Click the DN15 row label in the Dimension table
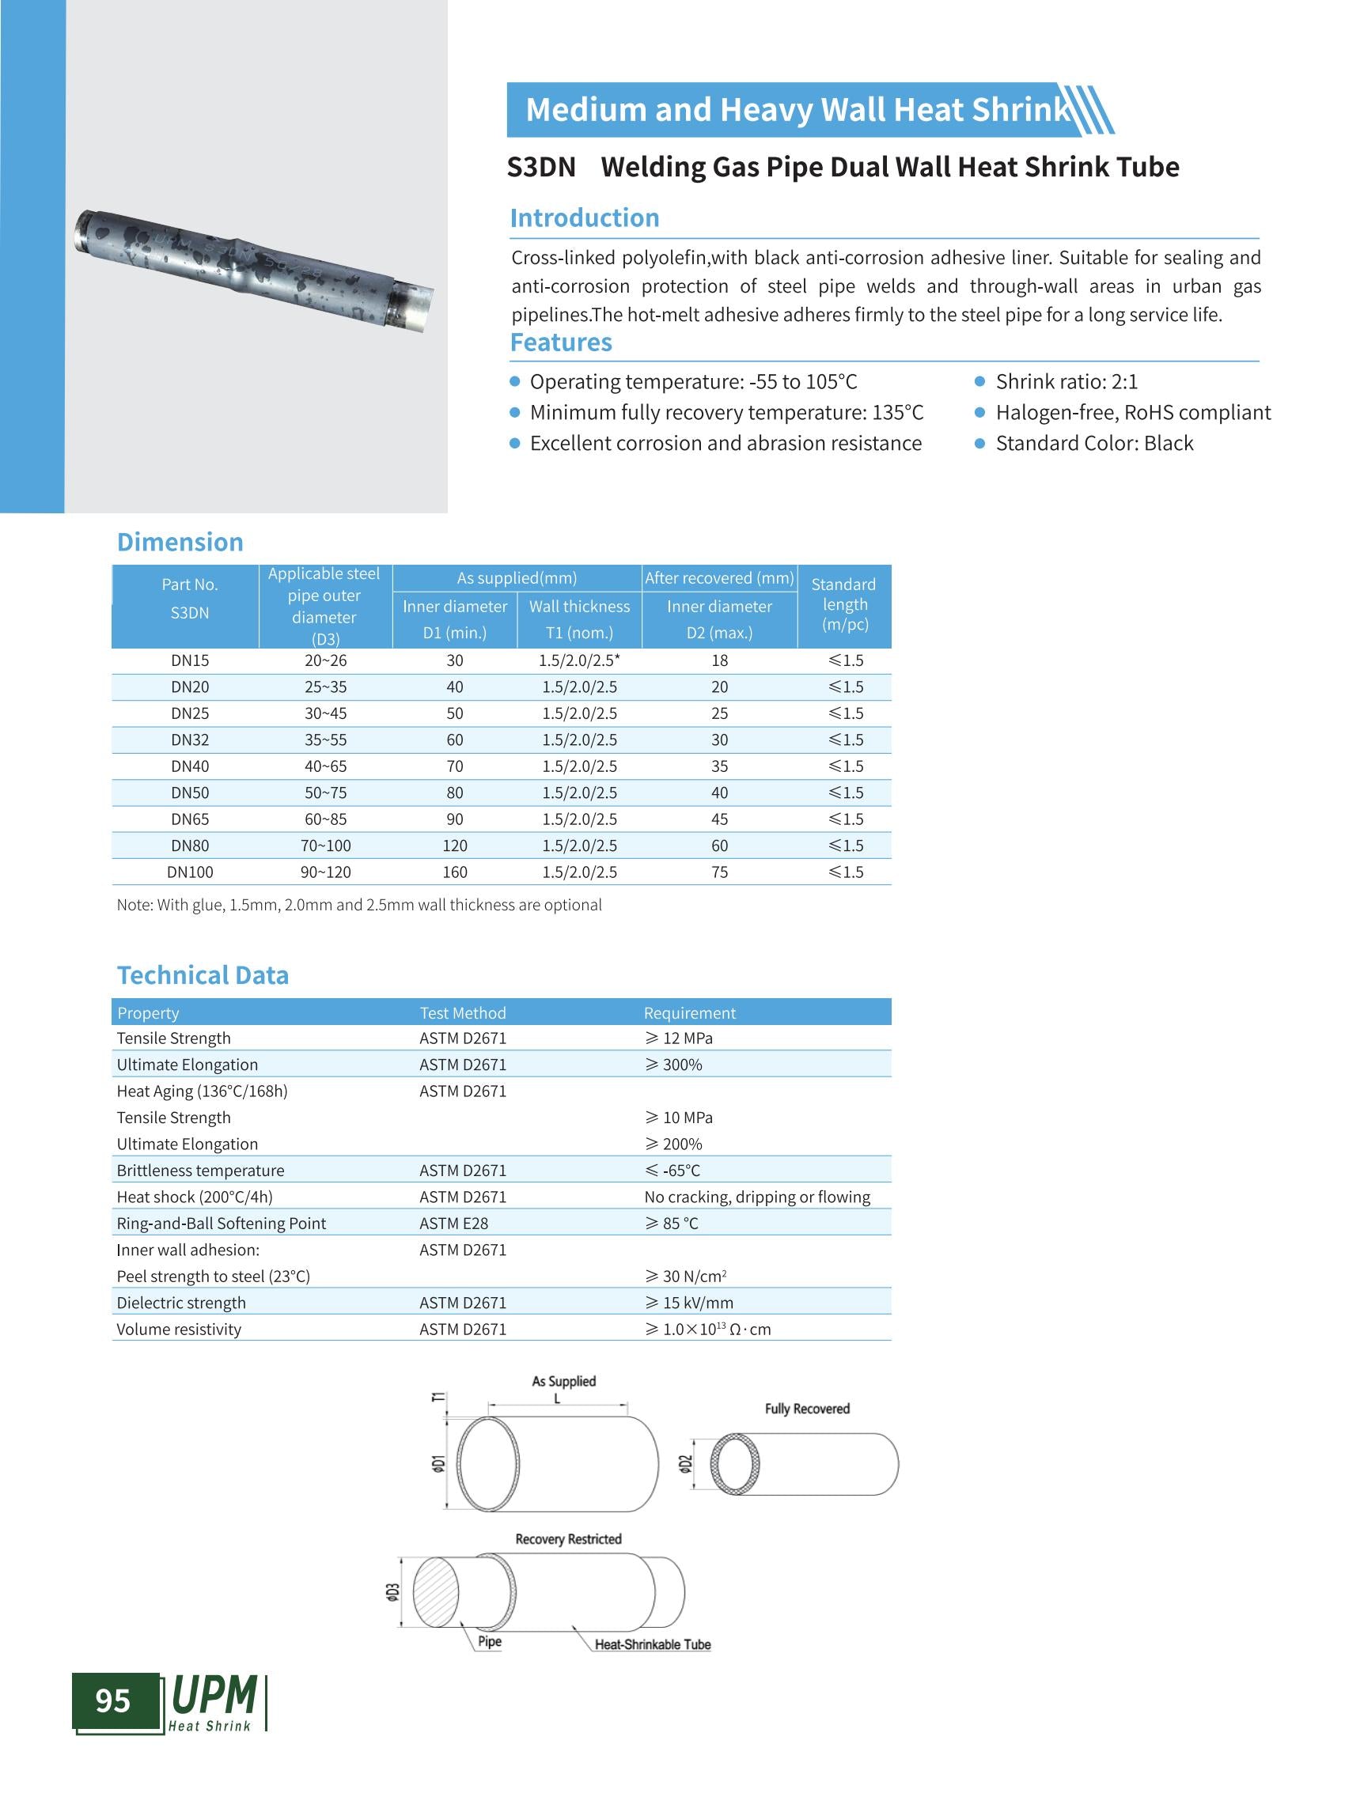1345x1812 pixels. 190,660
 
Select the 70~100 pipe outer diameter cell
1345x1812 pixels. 326,845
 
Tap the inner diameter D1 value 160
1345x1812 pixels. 454,872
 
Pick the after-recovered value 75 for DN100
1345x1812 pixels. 719,872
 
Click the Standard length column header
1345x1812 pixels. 843,604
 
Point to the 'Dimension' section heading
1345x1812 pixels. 180,542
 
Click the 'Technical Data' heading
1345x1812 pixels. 203,975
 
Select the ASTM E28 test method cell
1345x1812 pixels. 453,1223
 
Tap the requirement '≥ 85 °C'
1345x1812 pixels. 672,1223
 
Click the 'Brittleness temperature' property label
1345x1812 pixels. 200,1170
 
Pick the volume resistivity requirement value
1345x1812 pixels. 707,1329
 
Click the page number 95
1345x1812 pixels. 113,1700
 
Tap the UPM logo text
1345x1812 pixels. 214,1696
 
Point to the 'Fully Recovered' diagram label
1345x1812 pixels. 807,1409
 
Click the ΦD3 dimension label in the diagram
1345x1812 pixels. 392,1592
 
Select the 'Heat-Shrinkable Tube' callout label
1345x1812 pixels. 652,1644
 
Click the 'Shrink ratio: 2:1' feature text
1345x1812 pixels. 1067,382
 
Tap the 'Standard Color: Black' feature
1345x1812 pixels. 1094,443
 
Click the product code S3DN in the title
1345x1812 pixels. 540,167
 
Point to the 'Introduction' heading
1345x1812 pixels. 585,218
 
